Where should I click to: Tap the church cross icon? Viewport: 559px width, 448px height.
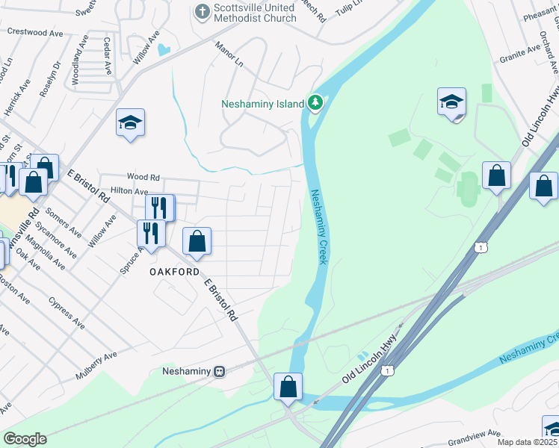201,11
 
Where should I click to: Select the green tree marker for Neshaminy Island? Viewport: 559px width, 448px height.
315,102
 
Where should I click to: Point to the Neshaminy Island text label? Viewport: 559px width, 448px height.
262,104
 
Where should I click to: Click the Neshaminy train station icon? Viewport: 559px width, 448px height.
219,371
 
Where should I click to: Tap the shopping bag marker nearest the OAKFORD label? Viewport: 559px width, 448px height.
197,241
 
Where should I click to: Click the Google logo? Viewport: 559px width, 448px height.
25,439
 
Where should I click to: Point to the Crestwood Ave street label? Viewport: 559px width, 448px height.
35,34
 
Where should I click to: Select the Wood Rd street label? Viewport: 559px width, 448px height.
143,177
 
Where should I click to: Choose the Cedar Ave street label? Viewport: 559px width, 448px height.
108,55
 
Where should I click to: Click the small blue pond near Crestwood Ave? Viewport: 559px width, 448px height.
164,50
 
